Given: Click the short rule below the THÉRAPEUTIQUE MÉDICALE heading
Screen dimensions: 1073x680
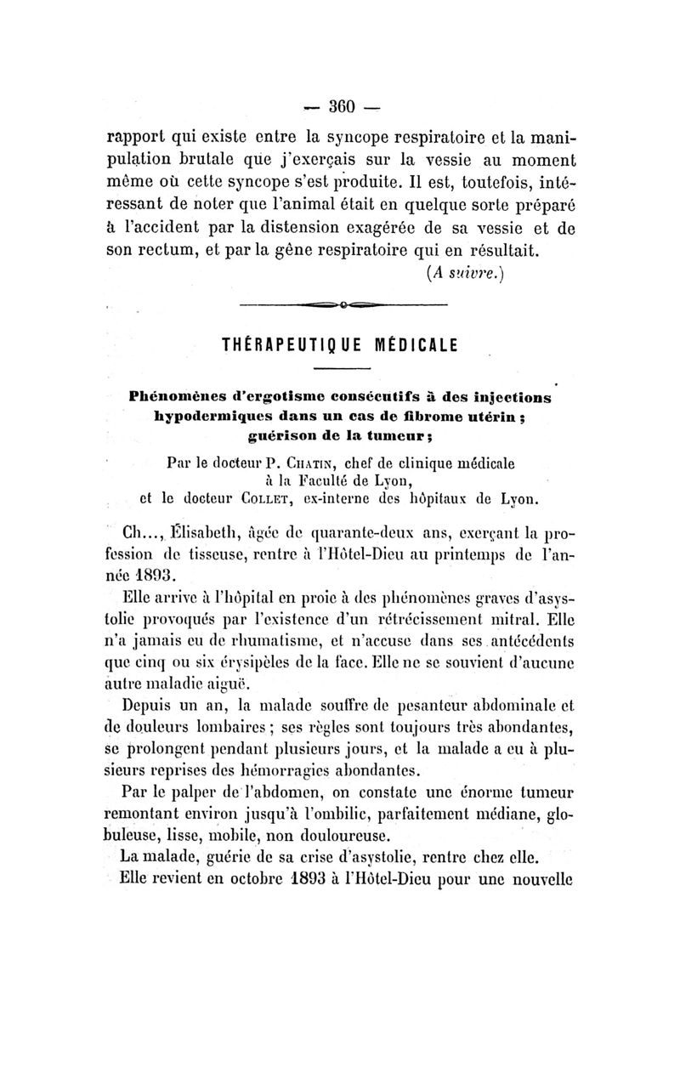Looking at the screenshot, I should (x=343, y=368).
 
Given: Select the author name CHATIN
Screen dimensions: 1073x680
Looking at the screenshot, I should (x=326, y=463).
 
